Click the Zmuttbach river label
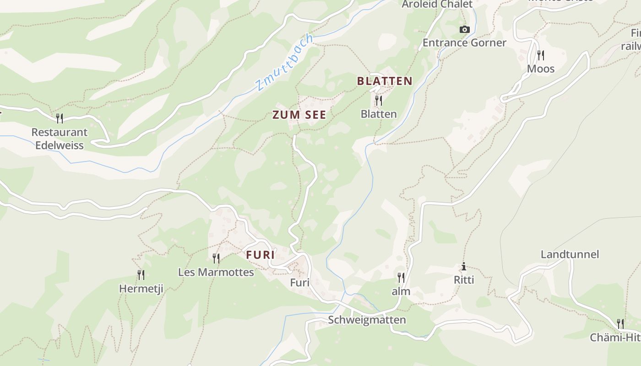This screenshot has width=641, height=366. pyautogui.click(x=284, y=63)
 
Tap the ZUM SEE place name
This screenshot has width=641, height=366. pyautogui.click(x=299, y=115)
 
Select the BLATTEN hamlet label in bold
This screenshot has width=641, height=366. pyautogui.click(x=385, y=81)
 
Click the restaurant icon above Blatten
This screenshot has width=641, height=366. pyautogui.click(x=379, y=100)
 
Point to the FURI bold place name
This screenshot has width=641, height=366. pyautogui.click(x=261, y=255)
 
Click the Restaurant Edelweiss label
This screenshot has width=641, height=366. pyautogui.click(x=60, y=139)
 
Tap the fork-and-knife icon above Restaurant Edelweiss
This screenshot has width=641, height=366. pyautogui.click(x=60, y=118)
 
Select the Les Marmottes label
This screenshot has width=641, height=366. pyautogui.click(x=216, y=272)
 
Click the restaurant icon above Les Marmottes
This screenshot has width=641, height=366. pyautogui.click(x=216, y=258)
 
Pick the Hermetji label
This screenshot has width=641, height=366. pyautogui.click(x=141, y=289)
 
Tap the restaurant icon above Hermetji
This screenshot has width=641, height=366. pyautogui.click(x=141, y=275)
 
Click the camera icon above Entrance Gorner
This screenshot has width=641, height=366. pyautogui.click(x=465, y=30)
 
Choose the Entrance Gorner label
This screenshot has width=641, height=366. pyautogui.click(x=464, y=43)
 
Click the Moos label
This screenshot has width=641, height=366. pyautogui.click(x=541, y=69)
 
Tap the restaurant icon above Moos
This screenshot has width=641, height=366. pyautogui.click(x=541, y=55)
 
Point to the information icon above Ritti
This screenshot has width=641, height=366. pyautogui.click(x=464, y=266)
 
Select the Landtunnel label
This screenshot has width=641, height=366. pyautogui.click(x=570, y=254)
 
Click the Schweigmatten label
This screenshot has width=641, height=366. pyautogui.click(x=367, y=320)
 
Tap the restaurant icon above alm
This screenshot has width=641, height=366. pyautogui.click(x=401, y=278)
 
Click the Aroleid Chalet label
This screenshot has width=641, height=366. pyautogui.click(x=437, y=5)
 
